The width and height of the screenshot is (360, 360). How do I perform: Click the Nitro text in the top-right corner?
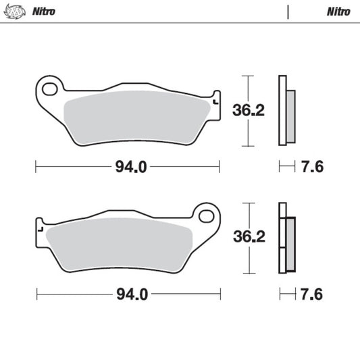pos(337,11)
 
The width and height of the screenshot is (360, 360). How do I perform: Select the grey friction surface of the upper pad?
pos(135,115)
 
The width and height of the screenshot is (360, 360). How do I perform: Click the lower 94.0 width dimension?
pos(130,294)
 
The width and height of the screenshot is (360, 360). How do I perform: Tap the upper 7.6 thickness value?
pos(312,166)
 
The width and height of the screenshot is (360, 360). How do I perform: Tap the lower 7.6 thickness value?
pos(312,294)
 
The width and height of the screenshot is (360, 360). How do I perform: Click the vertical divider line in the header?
pos(288,11)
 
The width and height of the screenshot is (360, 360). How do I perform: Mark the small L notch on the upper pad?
pos(215,102)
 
